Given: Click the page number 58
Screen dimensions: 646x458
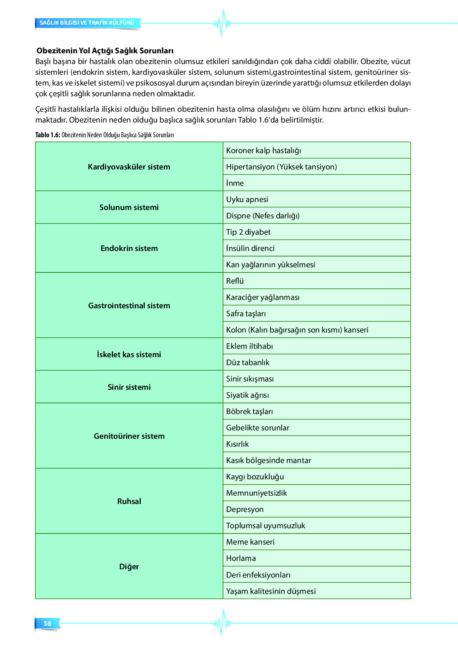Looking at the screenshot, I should [47, 623].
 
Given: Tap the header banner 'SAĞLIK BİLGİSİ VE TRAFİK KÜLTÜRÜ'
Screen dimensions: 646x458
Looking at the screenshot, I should [87, 23].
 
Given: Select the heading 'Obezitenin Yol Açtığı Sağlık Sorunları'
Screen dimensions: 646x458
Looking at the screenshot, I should [105, 51].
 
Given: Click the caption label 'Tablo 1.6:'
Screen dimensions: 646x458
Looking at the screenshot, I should [48, 135].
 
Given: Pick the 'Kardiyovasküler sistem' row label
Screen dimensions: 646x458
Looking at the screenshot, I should [129, 167].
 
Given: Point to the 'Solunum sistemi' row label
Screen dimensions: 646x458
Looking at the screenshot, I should [129, 208].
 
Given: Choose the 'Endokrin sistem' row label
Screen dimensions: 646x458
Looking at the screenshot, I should [129, 249].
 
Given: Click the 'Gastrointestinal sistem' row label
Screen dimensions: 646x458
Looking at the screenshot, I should [129, 306].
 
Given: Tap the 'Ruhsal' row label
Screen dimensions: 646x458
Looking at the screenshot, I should [129, 502].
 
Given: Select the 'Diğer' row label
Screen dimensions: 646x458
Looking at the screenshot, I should [129, 567].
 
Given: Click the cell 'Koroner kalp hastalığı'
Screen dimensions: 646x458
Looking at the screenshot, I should [264, 151].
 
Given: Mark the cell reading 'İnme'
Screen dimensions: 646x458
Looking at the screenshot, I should [235, 183].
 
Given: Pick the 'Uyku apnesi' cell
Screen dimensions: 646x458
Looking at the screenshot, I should [247, 200].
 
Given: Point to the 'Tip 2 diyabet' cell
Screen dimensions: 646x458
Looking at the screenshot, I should [248, 232].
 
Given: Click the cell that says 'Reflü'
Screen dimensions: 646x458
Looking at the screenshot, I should [235, 281].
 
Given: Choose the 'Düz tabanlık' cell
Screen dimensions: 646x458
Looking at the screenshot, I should [248, 363].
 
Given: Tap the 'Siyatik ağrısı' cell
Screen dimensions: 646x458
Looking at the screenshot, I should [248, 395].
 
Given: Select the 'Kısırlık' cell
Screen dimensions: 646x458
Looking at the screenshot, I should [237, 444].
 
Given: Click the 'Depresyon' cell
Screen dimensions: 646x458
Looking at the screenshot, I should [245, 510].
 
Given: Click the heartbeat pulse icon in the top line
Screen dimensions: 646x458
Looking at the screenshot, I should [221, 23].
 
